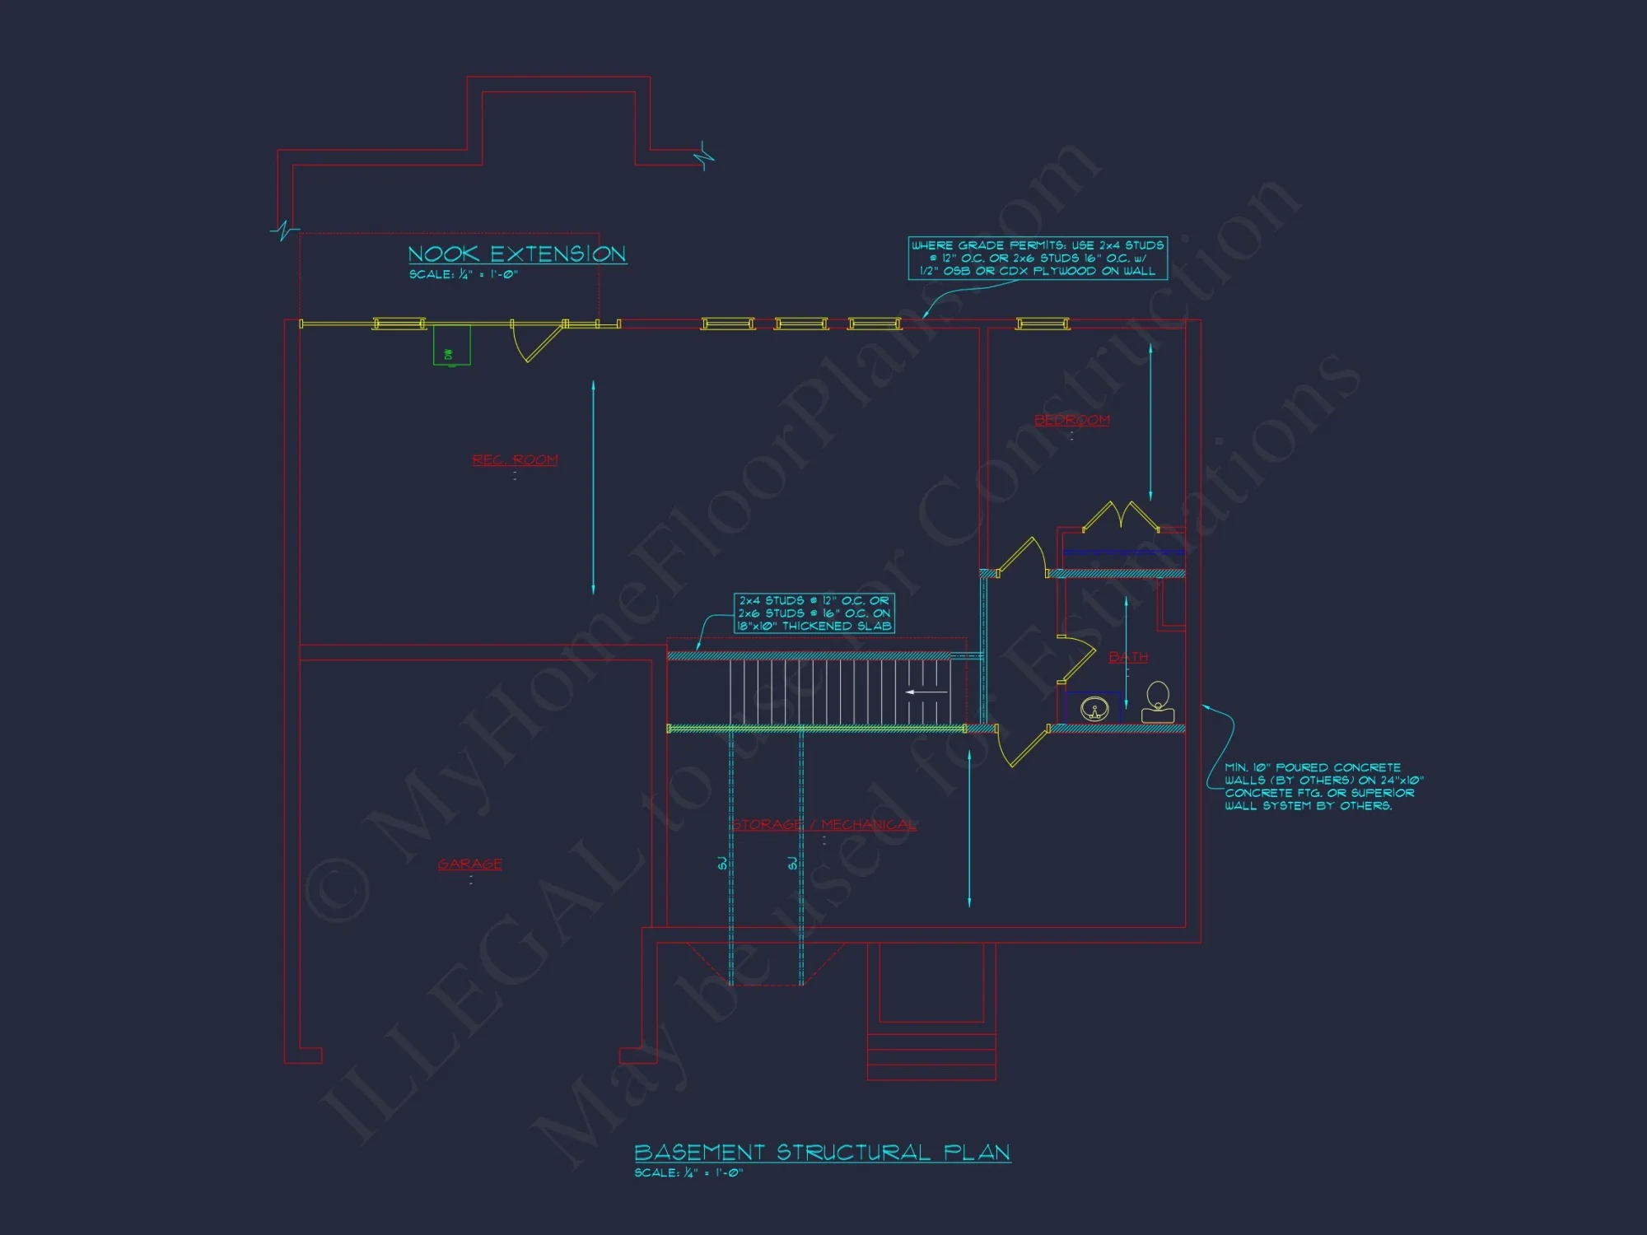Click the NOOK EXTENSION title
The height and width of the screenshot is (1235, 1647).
pos(517,254)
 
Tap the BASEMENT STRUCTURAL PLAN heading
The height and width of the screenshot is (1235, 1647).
pos(822,1152)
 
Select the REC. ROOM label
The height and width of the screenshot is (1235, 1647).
pos(515,459)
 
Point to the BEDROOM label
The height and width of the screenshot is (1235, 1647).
pos(1071,420)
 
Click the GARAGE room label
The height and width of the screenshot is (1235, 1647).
pos(469,864)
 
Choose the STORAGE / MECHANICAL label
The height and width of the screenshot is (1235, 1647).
pos(823,824)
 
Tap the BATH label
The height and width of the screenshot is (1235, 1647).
pos(1127,657)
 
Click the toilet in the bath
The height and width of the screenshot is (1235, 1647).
pos(1158,702)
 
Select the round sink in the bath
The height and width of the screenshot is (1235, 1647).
pos(1094,708)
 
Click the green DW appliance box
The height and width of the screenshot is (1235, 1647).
pos(451,345)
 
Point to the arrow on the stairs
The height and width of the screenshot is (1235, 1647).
pos(926,692)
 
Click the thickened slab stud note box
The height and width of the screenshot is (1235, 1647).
pos(814,613)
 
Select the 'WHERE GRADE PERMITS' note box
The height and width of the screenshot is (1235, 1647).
pos(1037,258)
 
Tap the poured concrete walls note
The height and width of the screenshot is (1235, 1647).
pos(1323,786)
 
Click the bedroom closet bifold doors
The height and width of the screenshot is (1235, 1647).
pos(1120,515)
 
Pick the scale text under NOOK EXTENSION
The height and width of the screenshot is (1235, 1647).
pos(464,274)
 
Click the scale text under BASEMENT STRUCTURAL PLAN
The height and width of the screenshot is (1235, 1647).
pos(688,1172)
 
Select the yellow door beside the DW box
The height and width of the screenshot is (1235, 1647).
pos(537,342)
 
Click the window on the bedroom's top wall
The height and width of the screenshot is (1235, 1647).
pos(1043,324)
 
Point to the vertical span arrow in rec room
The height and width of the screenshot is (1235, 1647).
pos(593,487)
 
